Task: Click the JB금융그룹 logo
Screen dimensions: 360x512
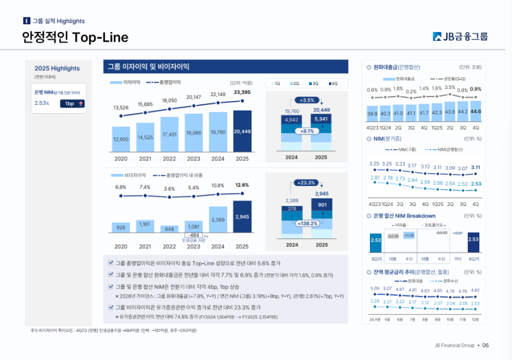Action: click(460, 36)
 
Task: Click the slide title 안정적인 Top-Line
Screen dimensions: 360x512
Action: click(75, 38)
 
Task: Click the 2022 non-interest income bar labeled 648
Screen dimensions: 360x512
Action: click(169, 228)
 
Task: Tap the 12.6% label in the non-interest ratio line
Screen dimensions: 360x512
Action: click(242, 185)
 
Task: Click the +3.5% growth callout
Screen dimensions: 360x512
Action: click(308, 100)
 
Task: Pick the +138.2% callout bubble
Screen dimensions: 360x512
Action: click(307, 224)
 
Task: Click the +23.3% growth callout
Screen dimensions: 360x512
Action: click(307, 183)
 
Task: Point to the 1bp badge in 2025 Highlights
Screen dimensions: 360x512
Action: click(73, 103)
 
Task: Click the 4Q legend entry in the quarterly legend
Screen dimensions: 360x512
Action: click(332, 83)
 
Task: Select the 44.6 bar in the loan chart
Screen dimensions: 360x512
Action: click(476, 111)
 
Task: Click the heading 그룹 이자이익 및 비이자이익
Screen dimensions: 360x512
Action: click(151, 67)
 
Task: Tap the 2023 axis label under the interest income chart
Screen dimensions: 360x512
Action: click(193, 159)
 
